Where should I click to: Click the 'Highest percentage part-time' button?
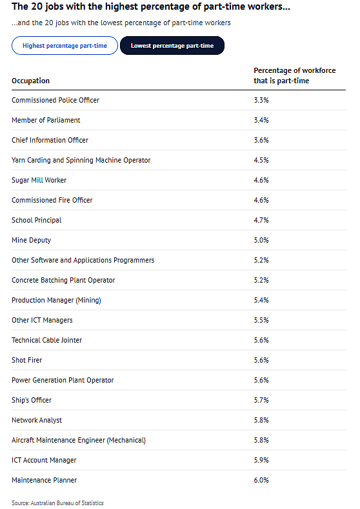65,45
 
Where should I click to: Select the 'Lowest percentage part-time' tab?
172,45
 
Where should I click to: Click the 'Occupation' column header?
30,81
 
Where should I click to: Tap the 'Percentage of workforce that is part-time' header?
294,75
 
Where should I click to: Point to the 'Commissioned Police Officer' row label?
55,100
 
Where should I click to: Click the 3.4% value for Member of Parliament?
261,120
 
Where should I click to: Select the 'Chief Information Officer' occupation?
50,140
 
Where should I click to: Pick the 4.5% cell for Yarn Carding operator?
261,160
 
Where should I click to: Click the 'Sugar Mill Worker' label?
39,180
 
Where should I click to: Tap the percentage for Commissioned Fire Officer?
261,200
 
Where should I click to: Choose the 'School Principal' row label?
36,220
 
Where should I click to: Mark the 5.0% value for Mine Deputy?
261,240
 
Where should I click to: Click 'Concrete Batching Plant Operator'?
63,280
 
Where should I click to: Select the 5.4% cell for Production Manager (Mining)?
261,300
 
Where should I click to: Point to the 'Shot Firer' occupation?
27,360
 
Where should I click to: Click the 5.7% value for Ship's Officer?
261,400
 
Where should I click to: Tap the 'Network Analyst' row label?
37,420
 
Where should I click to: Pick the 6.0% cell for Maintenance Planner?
261,480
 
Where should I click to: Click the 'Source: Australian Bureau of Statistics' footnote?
57,503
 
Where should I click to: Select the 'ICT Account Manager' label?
44,460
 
